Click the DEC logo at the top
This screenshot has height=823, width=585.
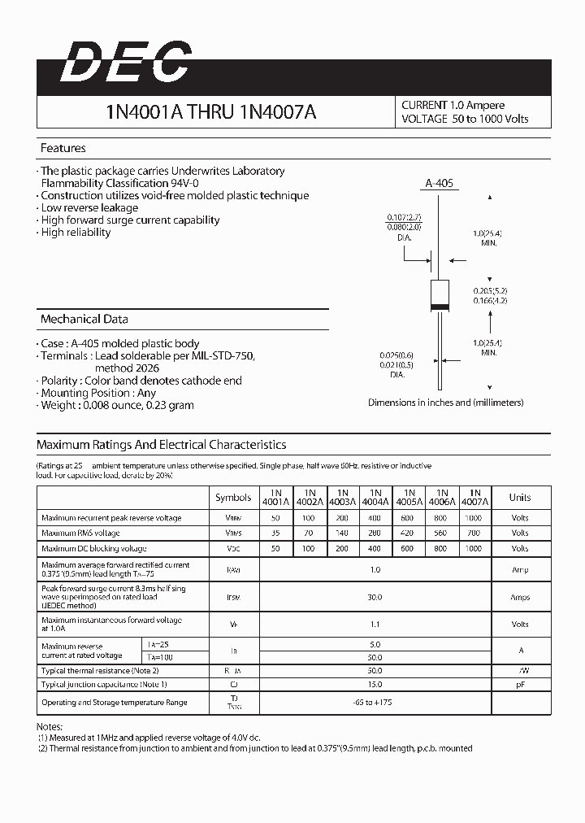tap(125, 63)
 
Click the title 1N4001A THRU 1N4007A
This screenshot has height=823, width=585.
tap(210, 113)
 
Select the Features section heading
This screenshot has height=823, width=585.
tap(63, 149)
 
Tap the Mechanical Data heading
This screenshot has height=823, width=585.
tap(84, 319)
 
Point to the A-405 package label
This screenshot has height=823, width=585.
tap(439, 184)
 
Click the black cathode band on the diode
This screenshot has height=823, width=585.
tap(438, 307)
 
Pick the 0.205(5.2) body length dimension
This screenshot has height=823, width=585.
tap(491, 290)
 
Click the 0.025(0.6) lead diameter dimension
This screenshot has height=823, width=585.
tap(396, 355)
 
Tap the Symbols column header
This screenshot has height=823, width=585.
tap(233, 498)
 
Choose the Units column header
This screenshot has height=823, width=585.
tap(520, 498)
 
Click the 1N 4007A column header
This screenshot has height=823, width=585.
tap(476, 497)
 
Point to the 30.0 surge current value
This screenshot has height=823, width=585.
tap(375, 597)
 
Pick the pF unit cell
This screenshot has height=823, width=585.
tap(520, 685)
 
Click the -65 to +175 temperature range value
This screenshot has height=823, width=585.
tap(375, 702)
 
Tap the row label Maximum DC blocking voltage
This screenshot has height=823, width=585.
tap(94, 549)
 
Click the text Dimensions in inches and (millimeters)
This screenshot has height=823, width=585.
tap(445, 403)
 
